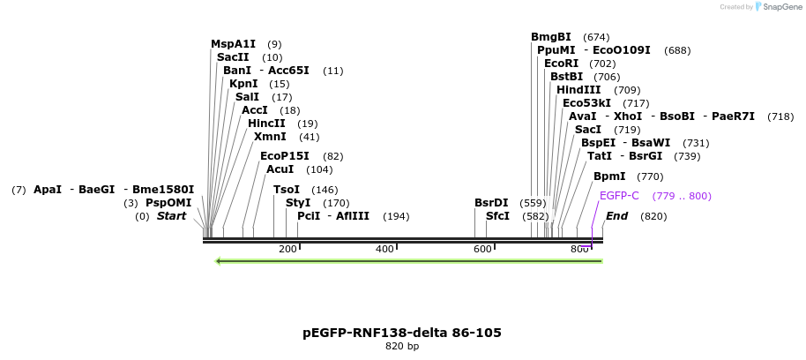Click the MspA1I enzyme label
(233, 43)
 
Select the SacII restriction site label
(233, 57)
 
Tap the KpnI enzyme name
(243, 84)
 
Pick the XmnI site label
(270, 137)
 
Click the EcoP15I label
(284, 156)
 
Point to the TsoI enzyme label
(287, 190)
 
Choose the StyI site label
(298, 203)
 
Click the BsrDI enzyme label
(491, 203)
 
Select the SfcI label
(498, 216)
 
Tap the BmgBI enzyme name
(551, 37)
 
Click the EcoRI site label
(562, 64)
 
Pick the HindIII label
(578, 90)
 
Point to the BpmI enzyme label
(609, 176)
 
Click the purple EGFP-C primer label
(619, 196)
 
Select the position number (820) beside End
(653, 216)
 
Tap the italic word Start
(171, 216)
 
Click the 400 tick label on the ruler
(384, 250)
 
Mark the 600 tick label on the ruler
(481, 250)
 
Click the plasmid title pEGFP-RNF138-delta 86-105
(402, 333)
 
